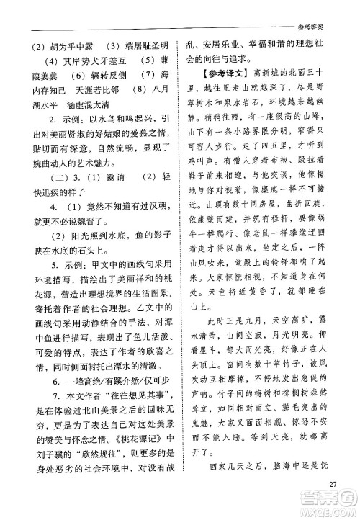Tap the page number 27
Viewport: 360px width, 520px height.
click(x=333, y=483)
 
